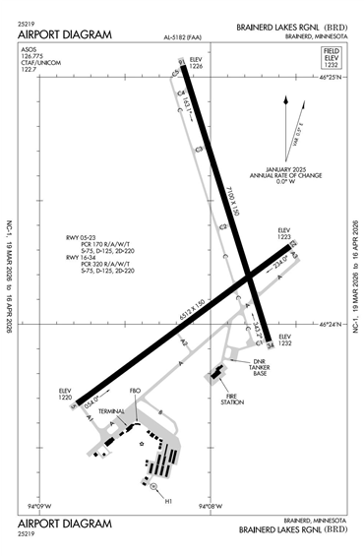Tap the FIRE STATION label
tap(231, 399)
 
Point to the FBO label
tap(135, 391)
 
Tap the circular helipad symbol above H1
tap(152, 487)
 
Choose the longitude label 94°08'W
tap(207, 509)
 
